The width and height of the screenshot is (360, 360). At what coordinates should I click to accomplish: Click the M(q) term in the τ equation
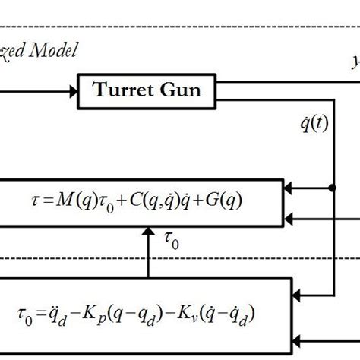click(84, 201)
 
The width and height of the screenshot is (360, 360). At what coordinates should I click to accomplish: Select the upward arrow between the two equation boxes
click(150, 243)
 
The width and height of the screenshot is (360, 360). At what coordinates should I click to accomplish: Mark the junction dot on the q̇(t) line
click(332, 186)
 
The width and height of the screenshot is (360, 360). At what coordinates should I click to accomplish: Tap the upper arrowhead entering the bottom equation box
click(301, 291)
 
